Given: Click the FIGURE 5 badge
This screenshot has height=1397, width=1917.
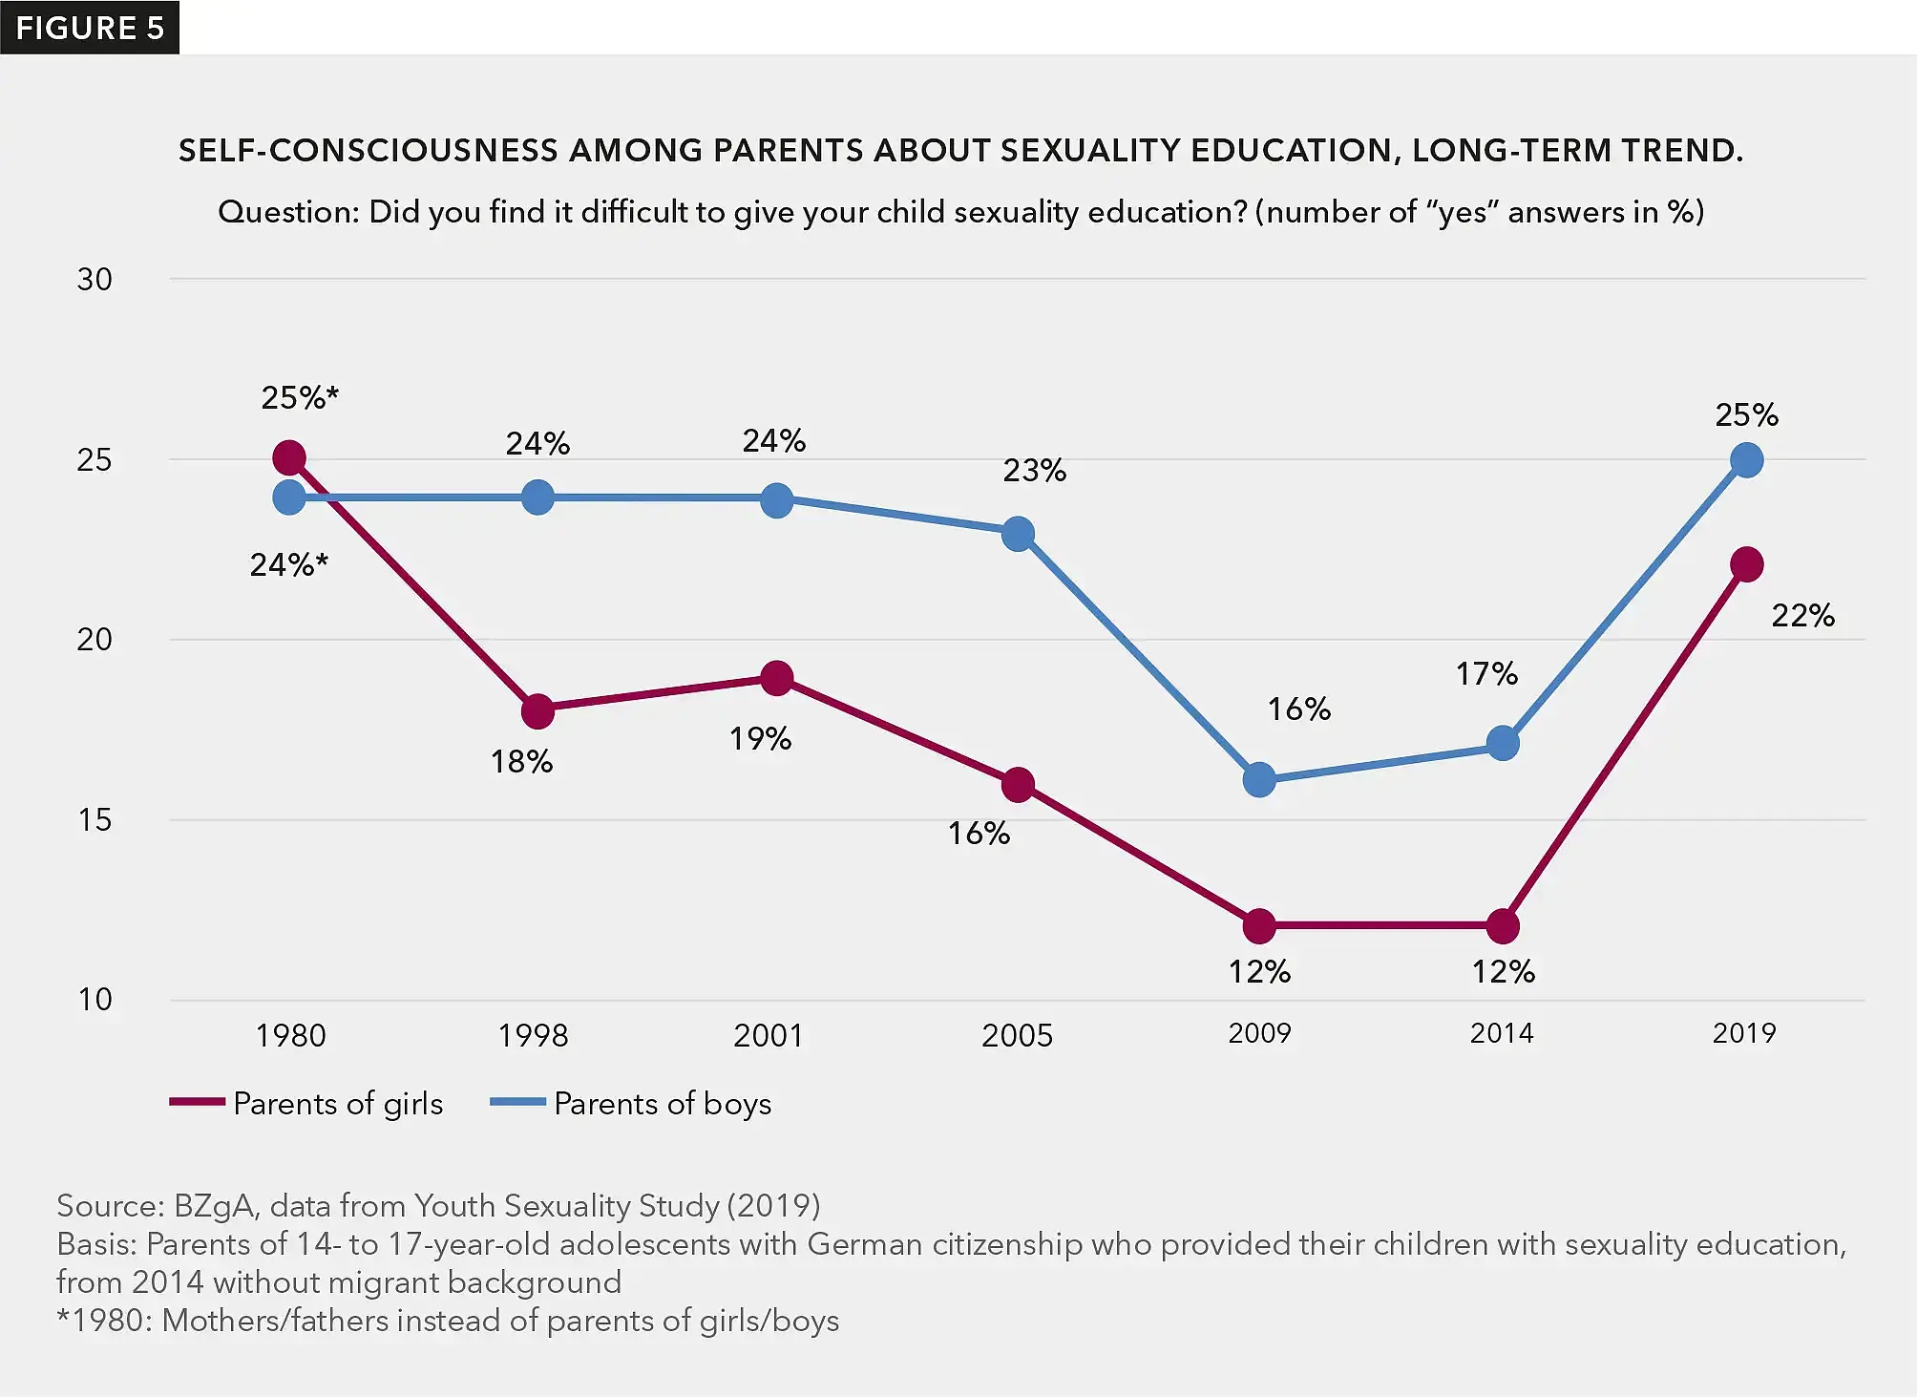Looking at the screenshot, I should pyautogui.click(x=90, y=28).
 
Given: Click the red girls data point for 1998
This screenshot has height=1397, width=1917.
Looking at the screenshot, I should pyautogui.click(x=537, y=710).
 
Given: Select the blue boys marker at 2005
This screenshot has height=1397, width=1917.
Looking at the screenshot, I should pyautogui.click(x=1018, y=534).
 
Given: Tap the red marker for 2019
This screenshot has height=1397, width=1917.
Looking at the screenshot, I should pyautogui.click(x=1746, y=564).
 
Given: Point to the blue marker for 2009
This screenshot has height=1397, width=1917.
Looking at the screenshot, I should pyautogui.click(x=1259, y=780).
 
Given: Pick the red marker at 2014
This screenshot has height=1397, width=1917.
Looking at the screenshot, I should pyautogui.click(x=1503, y=925).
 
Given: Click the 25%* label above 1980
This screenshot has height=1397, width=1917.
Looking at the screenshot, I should pyautogui.click(x=300, y=397).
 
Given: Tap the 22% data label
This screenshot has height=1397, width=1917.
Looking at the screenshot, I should pyautogui.click(x=1802, y=615).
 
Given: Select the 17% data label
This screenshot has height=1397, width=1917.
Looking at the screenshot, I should pyautogui.click(x=1486, y=674).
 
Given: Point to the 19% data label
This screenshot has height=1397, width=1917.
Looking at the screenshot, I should pyautogui.click(x=760, y=739).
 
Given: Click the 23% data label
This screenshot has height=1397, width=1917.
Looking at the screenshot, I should pyautogui.click(x=1034, y=470).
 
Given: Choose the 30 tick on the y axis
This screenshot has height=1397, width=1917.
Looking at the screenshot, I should pyautogui.click(x=95, y=280).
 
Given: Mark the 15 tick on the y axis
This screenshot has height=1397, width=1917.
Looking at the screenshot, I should pyautogui.click(x=95, y=820).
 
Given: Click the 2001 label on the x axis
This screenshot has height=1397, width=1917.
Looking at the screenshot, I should pyautogui.click(x=768, y=1035).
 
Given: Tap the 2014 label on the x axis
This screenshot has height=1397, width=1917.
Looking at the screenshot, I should pyautogui.click(x=1501, y=1033).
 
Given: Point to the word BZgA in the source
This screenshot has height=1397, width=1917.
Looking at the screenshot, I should pyautogui.click(x=213, y=1206).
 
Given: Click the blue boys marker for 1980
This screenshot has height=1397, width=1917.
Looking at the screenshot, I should pyautogui.click(x=289, y=497).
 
